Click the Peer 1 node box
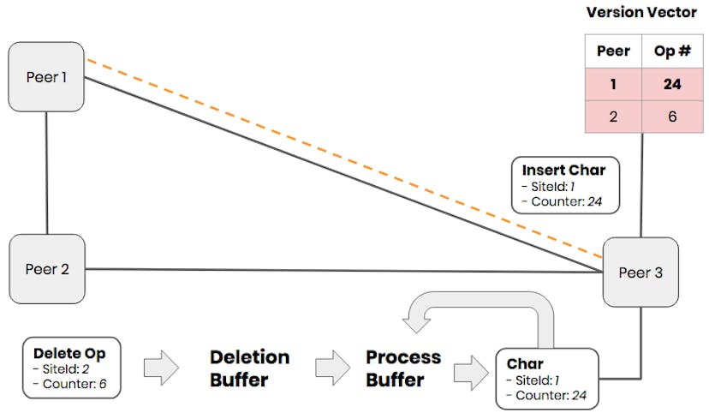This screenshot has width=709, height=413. tap(46, 77)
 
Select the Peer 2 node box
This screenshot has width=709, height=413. tap(46, 269)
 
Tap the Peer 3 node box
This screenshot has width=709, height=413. tap(640, 273)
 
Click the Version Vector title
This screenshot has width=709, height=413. tap(641, 13)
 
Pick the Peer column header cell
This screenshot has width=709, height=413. tap(613, 51)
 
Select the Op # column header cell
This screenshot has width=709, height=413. tap(671, 51)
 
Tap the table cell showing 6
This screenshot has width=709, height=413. tap(671, 117)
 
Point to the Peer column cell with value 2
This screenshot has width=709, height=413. tap(613, 117)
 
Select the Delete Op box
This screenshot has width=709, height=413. tap(72, 368)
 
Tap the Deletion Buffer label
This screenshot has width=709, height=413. tap(249, 368)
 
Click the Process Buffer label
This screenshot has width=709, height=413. tap(403, 368)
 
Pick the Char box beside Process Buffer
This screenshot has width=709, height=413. tap(547, 378)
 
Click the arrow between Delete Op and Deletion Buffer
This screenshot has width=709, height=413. tap(160, 368)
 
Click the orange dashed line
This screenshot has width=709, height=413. tap(343, 159)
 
